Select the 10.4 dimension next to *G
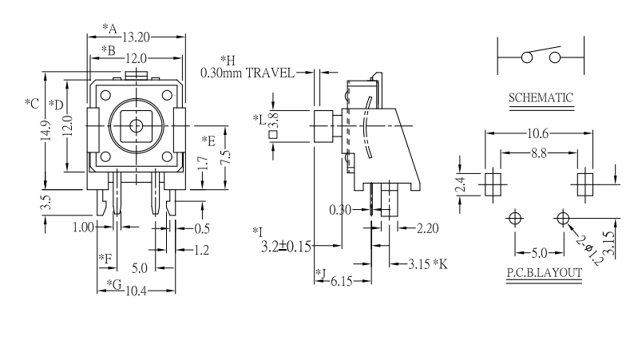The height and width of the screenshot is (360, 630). (x=136, y=291)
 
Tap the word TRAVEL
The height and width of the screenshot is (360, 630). (x=269, y=73)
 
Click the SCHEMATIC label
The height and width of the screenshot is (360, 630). (x=541, y=98)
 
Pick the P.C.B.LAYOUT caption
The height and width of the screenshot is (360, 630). (x=543, y=272)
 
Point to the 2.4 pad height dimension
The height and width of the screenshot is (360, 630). (x=461, y=184)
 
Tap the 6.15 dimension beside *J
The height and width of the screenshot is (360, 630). (x=341, y=281)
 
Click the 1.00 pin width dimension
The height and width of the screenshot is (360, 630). (x=82, y=227)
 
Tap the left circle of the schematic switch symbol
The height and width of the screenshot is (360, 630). (x=526, y=57)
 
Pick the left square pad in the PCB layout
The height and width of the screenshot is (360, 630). (x=490, y=181)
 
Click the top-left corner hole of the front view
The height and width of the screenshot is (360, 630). (x=105, y=95)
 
